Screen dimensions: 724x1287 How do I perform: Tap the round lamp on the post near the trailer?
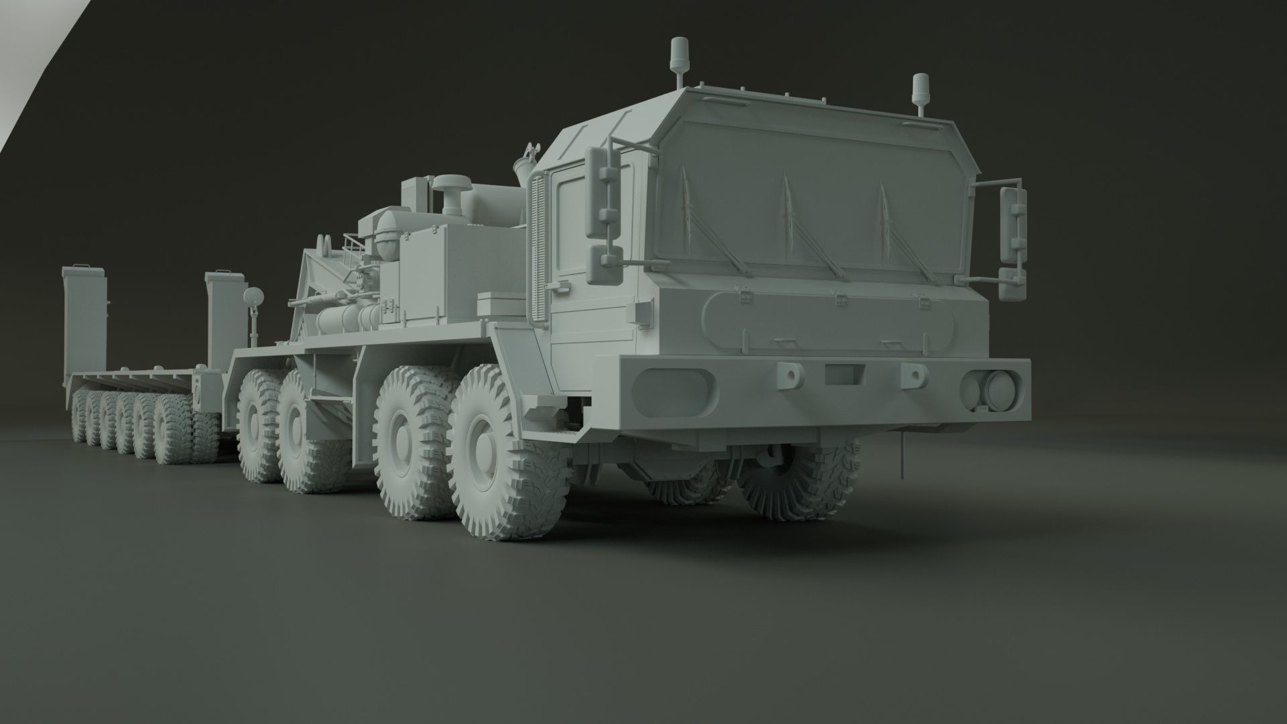point(254,295)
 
